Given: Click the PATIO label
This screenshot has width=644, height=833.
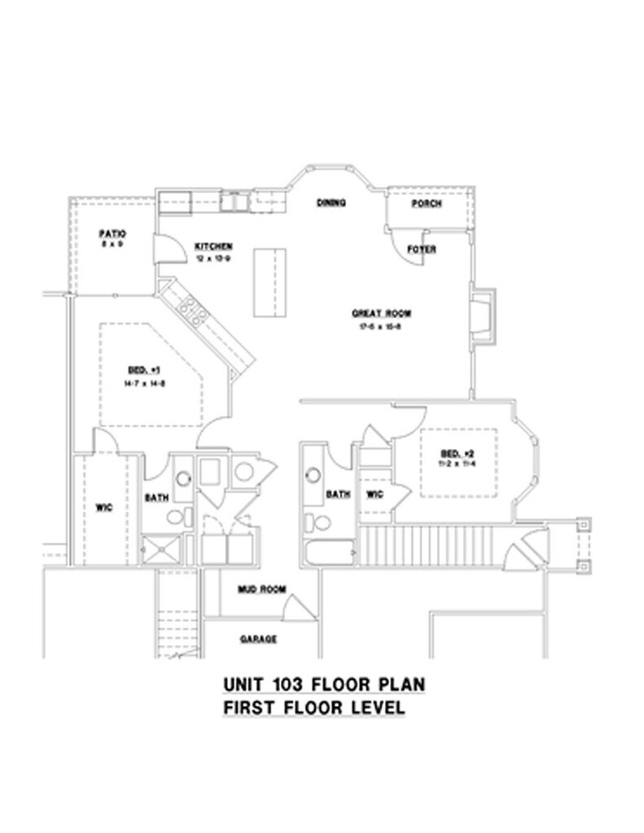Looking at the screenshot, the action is (x=112, y=233).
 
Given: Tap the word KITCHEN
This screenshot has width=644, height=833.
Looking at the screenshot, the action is (x=214, y=246).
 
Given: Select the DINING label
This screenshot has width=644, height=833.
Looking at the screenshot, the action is (x=331, y=203).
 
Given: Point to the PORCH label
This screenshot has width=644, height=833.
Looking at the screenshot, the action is (x=427, y=203).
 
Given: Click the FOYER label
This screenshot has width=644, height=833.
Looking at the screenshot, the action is (x=421, y=250).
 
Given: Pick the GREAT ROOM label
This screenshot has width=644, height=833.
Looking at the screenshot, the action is (x=381, y=313).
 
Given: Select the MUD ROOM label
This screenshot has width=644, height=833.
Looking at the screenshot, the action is (x=261, y=589).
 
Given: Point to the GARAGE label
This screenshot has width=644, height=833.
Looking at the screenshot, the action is (x=258, y=639).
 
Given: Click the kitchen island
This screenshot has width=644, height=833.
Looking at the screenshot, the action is (x=270, y=284).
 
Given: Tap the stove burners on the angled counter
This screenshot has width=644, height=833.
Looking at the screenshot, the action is (x=191, y=310).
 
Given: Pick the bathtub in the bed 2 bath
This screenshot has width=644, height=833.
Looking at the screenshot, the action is (x=329, y=552).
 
